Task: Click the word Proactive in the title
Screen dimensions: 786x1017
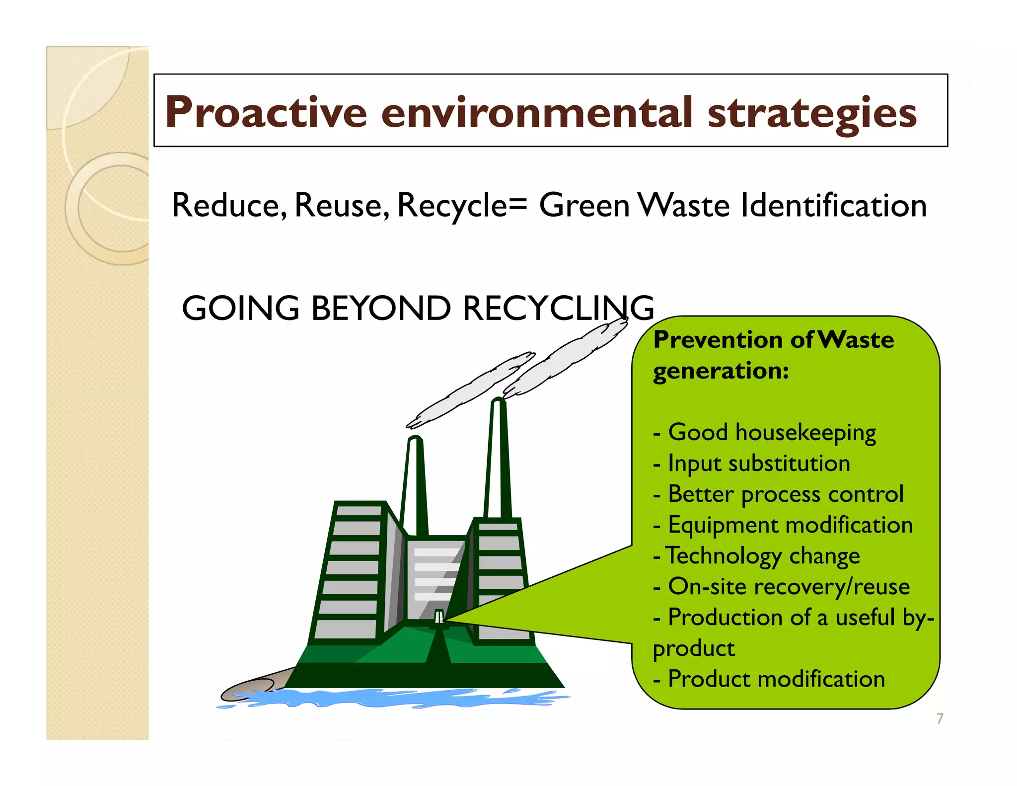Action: (x=266, y=112)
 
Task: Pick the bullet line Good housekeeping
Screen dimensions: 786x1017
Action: (x=772, y=432)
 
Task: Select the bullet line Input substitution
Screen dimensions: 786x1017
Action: (x=759, y=463)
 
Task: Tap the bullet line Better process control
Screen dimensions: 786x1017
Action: (x=785, y=494)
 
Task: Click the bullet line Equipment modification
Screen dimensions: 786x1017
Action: (x=790, y=525)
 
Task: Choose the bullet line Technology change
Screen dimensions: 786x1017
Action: (x=762, y=555)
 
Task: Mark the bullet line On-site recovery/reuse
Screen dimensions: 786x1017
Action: (x=789, y=586)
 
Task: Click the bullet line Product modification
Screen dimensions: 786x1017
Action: (x=776, y=679)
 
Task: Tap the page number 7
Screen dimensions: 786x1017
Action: (x=940, y=718)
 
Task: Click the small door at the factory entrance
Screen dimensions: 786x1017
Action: (x=439, y=618)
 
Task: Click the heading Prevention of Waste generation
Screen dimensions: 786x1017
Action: (x=773, y=355)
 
